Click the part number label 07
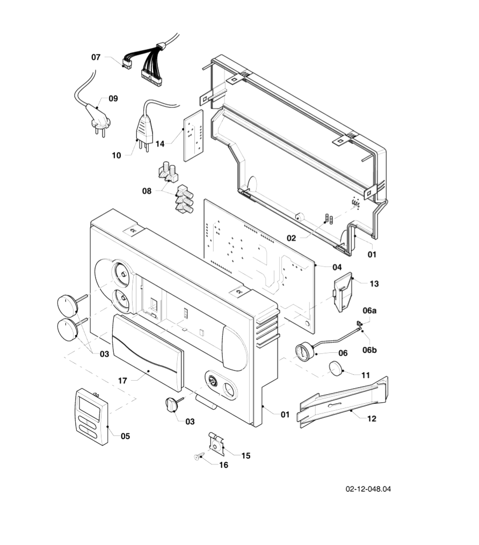[x=96, y=57]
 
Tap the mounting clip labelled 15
[x=216, y=444]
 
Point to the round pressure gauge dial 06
[x=304, y=352]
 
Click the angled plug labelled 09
[x=97, y=117]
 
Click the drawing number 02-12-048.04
[x=368, y=489]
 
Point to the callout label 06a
[x=369, y=310]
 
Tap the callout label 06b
[x=369, y=350]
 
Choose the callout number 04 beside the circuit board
[x=337, y=267]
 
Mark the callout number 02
[x=291, y=237]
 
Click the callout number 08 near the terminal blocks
[x=147, y=190]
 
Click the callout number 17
[x=122, y=380]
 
